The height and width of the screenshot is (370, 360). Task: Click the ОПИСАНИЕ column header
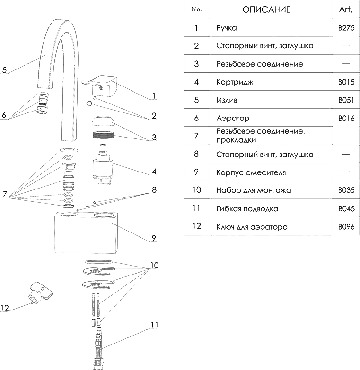pyautogui.click(x=266, y=9)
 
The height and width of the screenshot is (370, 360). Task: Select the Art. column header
pyautogui.click(x=346, y=9)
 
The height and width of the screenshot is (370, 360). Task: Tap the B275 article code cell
pyautogui.click(x=346, y=28)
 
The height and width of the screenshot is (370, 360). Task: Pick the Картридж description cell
pyautogui.click(x=235, y=82)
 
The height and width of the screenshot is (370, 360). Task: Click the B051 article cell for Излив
pyautogui.click(x=346, y=100)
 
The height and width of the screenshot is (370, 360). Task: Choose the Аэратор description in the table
pyautogui.click(x=233, y=118)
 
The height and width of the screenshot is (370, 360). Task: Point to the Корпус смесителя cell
pyautogui.click(x=251, y=173)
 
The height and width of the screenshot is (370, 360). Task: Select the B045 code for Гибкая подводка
pyautogui.click(x=346, y=208)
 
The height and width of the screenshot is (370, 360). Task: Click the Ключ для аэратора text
pyautogui.click(x=252, y=227)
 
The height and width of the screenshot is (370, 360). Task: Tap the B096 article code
pyautogui.click(x=346, y=227)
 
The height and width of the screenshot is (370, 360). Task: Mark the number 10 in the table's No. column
pyautogui.click(x=196, y=190)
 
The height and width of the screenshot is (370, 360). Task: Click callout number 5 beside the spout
pyautogui.click(x=4, y=70)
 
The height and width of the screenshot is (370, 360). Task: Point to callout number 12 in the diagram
pyautogui.click(x=5, y=308)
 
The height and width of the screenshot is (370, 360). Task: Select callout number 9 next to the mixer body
pyautogui.click(x=154, y=238)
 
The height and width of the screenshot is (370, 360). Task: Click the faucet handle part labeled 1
pyautogui.click(x=99, y=86)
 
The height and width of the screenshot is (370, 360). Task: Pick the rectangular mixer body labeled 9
pyautogui.click(x=86, y=232)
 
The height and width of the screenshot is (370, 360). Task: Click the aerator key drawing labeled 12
pyautogui.click(x=40, y=293)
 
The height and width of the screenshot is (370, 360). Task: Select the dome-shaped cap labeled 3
pyautogui.click(x=104, y=121)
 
